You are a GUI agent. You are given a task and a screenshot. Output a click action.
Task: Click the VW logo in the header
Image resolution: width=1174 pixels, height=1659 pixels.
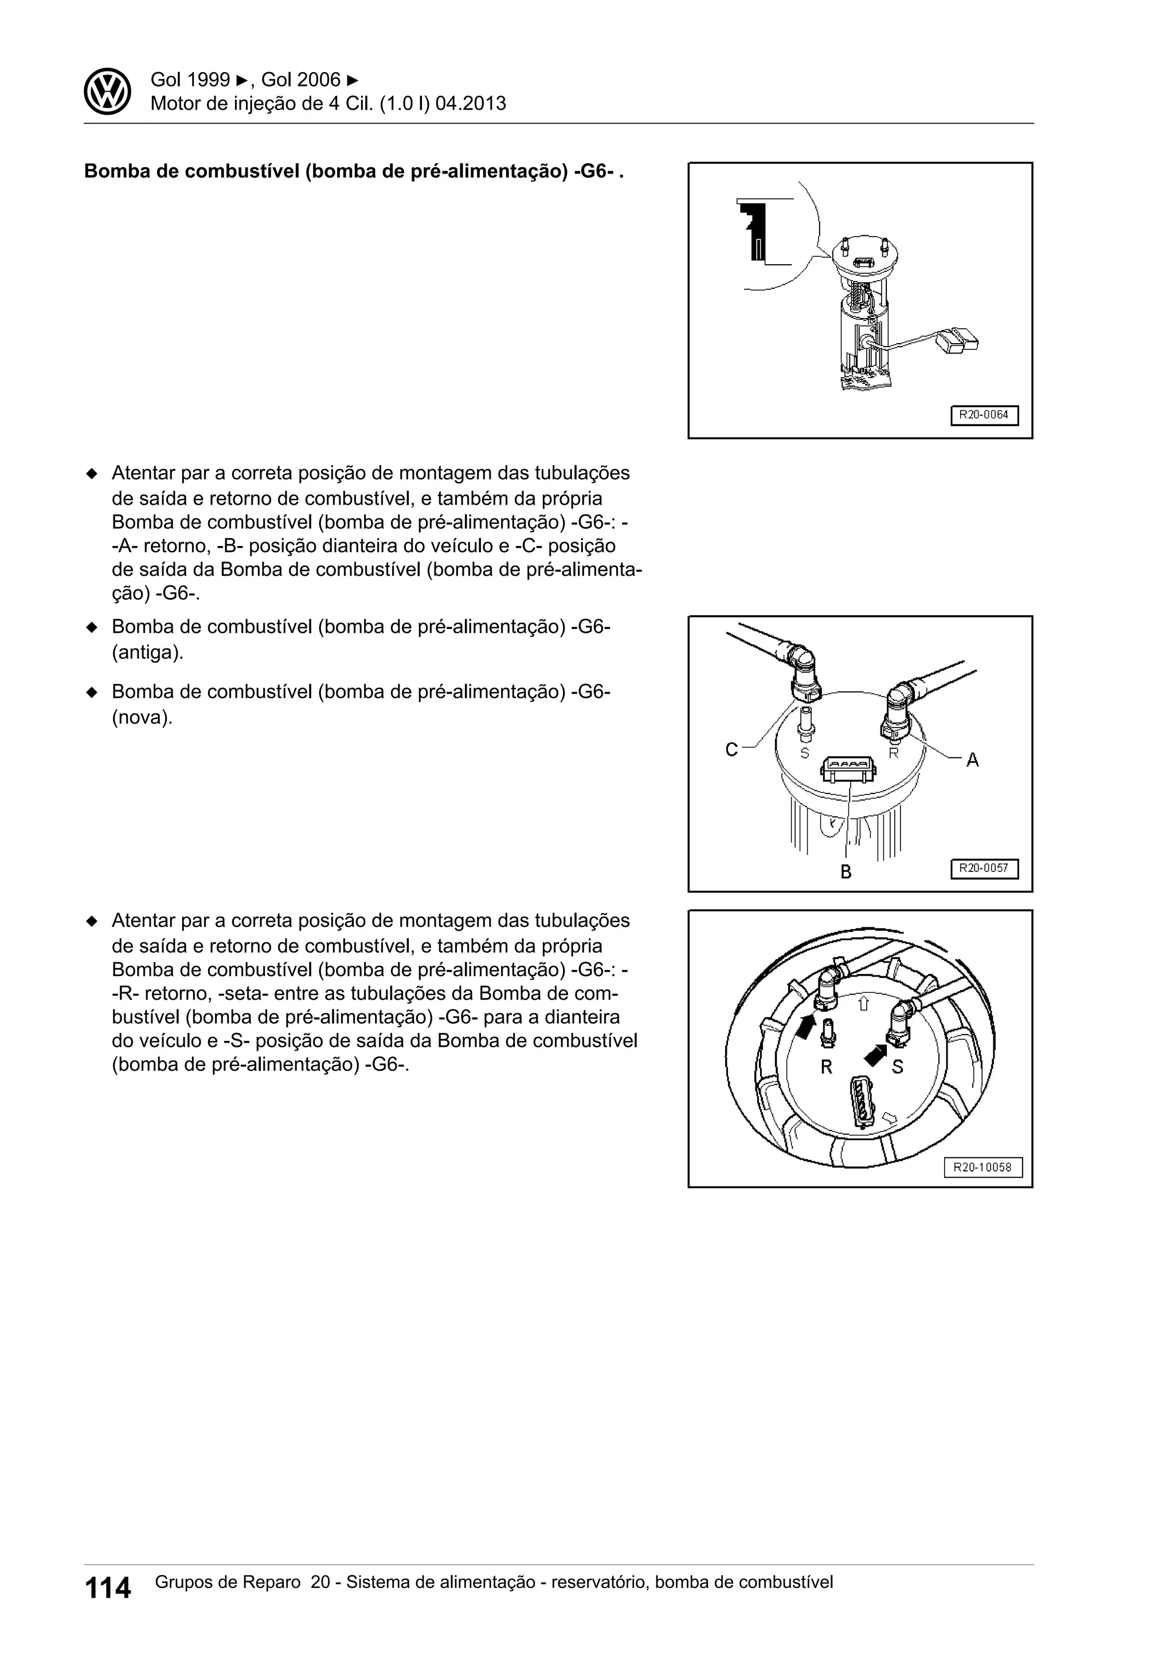tap(107, 92)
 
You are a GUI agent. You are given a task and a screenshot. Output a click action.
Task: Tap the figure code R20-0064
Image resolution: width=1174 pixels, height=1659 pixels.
tap(983, 415)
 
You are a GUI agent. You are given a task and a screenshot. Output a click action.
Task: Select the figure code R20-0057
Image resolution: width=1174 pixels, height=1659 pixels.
tap(983, 868)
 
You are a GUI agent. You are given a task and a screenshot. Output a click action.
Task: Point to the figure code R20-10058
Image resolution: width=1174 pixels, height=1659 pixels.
tap(983, 1167)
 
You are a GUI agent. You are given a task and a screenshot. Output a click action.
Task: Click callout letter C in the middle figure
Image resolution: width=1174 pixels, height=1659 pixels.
tap(731, 750)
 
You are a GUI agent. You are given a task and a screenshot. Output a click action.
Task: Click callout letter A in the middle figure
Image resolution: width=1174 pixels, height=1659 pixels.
tap(972, 760)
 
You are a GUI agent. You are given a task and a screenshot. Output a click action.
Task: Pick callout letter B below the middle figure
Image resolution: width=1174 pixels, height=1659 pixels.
tap(846, 872)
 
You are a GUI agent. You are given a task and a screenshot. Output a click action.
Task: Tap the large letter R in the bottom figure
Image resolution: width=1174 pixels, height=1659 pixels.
tap(826, 1067)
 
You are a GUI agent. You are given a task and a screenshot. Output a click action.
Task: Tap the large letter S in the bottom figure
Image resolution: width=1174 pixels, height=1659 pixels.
tap(897, 1067)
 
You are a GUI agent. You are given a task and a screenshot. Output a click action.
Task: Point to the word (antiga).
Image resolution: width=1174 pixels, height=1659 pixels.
tap(147, 652)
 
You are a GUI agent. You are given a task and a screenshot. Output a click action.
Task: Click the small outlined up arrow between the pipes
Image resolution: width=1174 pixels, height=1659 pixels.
tap(862, 1004)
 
